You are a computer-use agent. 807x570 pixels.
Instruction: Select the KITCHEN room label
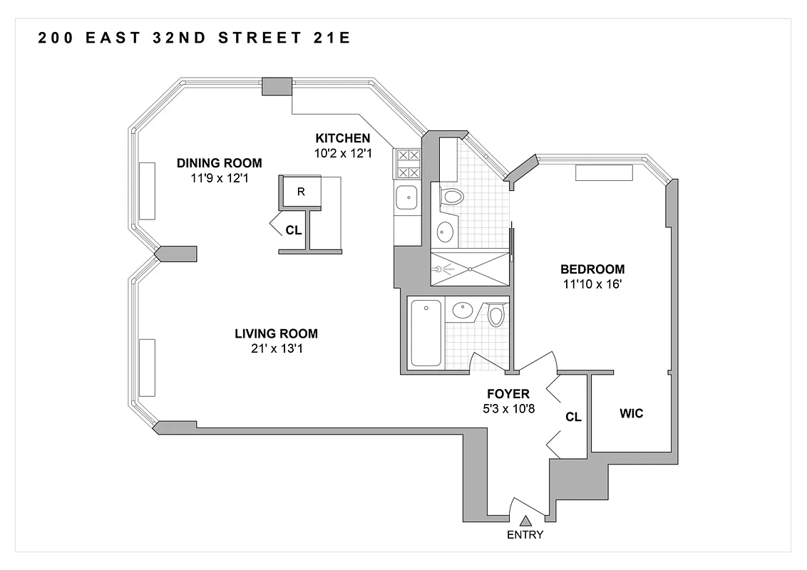pyautogui.click(x=343, y=138)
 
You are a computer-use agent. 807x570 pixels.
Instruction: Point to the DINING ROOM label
pyautogui.click(x=219, y=162)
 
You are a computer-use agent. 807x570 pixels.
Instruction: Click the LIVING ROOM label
pyautogui.click(x=276, y=333)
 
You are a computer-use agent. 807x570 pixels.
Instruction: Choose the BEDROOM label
pyautogui.click(x=592, y=269)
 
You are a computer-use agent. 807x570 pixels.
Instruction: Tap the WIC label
pyautogui.click(x=632, y=413)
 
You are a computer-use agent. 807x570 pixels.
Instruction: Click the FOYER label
pyautogui.click(x=508, y=394)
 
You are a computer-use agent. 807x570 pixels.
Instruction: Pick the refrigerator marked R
pyautogui.click(x=301, y=192)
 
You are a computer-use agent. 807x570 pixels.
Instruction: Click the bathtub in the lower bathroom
pyautogui.click(x=426, y=333)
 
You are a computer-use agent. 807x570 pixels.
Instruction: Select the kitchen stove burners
pyautogui.click(x=407, y=162)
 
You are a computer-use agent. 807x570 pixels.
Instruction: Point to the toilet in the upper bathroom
pyautogui.click(x=452, y=197)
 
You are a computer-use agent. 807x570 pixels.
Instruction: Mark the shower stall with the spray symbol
pyautogui.click(x=470, y=269)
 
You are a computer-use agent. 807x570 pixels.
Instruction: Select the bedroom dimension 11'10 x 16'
pyautogui.click(x=592, y=284)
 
